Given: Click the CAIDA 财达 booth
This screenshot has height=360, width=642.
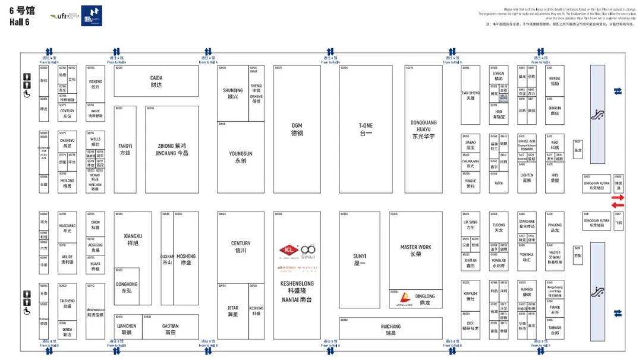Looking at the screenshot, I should click(156, 81).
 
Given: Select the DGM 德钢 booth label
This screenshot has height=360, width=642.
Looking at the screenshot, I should click(297, 129).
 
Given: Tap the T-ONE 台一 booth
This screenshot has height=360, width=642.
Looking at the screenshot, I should click(366, 129).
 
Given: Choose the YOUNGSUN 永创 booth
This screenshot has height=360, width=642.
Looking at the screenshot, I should click(240, 157).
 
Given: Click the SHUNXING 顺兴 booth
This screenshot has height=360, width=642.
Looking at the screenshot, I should click(232, 93).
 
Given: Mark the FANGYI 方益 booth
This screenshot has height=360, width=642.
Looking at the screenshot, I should click(125, 149).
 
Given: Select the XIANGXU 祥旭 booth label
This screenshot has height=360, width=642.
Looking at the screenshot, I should click(133, 239).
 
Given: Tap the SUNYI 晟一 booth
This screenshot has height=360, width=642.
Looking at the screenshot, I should click(359, 259).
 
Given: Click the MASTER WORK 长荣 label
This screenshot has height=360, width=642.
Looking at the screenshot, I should click(416, 250).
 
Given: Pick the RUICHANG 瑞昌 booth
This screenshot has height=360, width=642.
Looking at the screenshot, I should click(391, 329).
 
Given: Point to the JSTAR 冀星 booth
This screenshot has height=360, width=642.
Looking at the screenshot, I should click(232, 311).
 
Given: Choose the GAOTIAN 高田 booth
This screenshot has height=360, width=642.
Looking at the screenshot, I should click(171, 329).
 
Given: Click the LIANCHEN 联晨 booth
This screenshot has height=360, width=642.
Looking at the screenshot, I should click(127, 329).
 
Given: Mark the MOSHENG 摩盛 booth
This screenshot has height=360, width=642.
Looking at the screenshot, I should click(185, 259).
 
